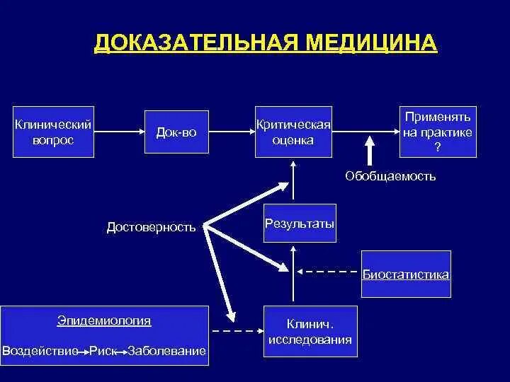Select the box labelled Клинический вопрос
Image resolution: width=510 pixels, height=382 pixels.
coord(53,132)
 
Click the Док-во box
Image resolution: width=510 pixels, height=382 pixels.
coord(176,132)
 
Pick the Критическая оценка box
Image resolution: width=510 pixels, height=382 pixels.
coord(293,132)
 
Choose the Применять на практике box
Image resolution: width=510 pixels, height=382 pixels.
coord(437,132)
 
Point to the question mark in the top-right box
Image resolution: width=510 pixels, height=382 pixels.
coord(437,147)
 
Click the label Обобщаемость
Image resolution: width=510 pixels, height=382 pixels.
coord(390,176)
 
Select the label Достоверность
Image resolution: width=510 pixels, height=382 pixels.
coord(151,227)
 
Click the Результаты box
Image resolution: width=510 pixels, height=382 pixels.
coord(299,224)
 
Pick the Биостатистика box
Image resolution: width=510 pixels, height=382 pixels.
coord(406,274)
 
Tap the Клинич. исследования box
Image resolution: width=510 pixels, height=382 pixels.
coord(310,332)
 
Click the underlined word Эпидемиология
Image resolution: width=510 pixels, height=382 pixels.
coord(104,320)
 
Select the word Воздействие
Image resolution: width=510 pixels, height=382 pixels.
coord(40,351)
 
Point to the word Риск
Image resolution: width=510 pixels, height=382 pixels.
coord(103,351)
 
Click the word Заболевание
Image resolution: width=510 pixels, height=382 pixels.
coord(167,351)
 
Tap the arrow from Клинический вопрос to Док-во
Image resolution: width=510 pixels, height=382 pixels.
coord(119,131)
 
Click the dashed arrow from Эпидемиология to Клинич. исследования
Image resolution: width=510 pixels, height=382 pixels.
coord(237,330)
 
